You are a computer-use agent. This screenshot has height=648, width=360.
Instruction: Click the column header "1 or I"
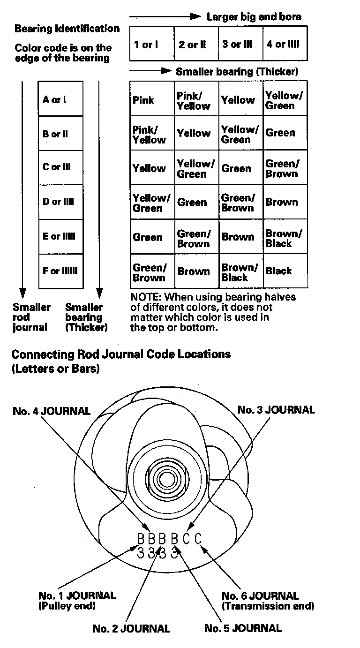[x=146, y=45]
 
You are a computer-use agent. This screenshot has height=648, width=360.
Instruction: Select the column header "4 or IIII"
[x=283, y=45]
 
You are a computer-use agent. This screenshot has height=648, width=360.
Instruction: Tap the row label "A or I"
[x=54, y=99]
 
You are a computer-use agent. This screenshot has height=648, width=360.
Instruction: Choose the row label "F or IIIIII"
[x=60, y=271]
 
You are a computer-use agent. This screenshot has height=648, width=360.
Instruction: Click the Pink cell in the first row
[x=143, y=100]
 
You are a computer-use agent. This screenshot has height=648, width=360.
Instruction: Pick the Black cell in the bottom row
[x=278, y=271]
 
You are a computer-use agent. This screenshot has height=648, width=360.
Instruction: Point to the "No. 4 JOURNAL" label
[x=52, y=411]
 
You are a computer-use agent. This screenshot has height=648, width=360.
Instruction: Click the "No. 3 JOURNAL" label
[x=276, y=410]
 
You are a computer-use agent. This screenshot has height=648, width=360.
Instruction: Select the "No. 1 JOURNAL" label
[x=77, y=595]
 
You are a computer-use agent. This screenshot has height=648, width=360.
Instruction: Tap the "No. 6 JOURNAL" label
[x=260, y=595]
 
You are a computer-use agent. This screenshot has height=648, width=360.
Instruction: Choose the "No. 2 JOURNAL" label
[x=131, y=628]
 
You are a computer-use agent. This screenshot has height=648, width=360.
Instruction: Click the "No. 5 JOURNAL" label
[x=243, y=628]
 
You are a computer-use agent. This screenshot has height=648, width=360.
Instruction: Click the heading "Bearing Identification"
[x=67, y=29]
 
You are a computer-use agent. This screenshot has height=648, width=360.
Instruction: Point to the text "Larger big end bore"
[x=254, y=17]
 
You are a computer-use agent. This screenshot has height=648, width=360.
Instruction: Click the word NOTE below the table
[x=145, y=297]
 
